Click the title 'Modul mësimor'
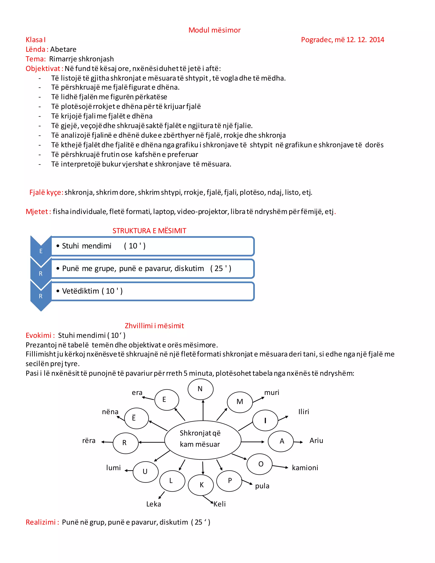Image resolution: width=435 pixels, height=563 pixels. [x=214, y=30]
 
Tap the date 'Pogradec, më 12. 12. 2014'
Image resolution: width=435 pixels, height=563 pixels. [x=342, y=40]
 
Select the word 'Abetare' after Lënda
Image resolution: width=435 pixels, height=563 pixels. [x=63, y=49]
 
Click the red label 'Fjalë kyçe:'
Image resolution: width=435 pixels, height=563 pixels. [x=46, y=192]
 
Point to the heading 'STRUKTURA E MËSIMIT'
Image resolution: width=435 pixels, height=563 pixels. [x=149, y=231]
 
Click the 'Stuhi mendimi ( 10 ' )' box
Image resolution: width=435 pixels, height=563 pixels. [x=153, y=246]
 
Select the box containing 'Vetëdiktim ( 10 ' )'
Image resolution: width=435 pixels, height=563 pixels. [x=153, y=291]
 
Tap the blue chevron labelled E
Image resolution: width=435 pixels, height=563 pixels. [x=41, y=249]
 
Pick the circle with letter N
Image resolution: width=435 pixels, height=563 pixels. [x=200, y=389]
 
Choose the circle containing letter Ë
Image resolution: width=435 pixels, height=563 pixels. [x=136, y=418]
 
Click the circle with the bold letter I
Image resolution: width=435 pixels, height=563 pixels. [x=265, y=420]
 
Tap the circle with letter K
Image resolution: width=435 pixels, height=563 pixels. [x=201, y=485]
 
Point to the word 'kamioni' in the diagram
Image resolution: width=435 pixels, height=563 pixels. [x=305, y=468]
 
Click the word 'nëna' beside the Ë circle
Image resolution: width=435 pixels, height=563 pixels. [x=110, y=412]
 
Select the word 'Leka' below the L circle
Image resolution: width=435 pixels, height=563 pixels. [x=154, y=504]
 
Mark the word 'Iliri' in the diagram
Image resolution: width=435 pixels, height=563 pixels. [x=304, y=412]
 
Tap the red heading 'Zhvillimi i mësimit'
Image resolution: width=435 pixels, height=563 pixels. [x=154, y=326]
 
